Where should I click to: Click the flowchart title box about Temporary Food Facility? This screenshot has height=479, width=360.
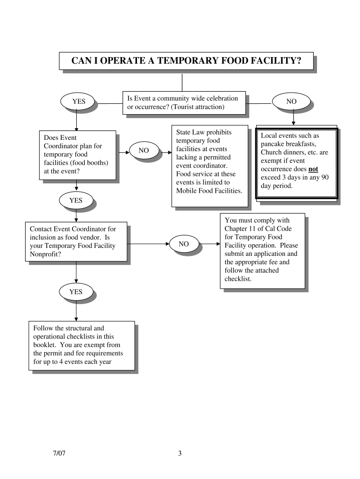click(186, 60)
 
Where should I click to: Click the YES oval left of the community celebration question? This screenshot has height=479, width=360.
click(76, 101)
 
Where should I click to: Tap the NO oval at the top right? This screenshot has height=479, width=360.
click(291, 101)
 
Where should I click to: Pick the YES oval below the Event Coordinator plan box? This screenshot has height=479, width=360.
click(76, 200)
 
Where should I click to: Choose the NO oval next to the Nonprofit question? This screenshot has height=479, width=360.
click(184, 244)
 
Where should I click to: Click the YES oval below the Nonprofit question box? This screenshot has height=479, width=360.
click(76, 292)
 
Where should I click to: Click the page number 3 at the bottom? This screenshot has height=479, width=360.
click(180, 453)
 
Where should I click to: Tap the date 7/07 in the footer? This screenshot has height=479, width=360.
click(59, 453)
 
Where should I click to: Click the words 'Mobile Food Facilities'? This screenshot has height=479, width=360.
click(209, 191)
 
